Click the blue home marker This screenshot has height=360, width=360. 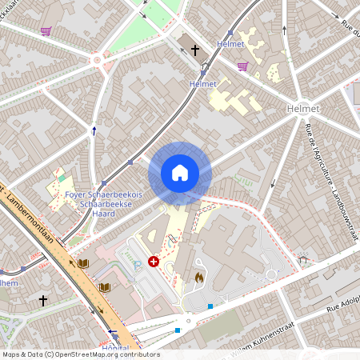[180, 173]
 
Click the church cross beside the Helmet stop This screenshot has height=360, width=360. [194, 50]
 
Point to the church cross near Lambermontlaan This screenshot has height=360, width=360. [43, 301]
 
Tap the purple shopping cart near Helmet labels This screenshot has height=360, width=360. [242, 66]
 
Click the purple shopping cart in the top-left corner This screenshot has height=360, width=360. [46, 31]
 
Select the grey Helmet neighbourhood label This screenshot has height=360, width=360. [306, 108]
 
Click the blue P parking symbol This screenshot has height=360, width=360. [137, 262]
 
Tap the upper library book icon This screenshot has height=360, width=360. [83, 262]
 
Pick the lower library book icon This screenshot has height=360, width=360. [103, 287]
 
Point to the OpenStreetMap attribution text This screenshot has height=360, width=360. [80, 354]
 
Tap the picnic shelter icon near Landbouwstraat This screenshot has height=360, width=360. [302, 259]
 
